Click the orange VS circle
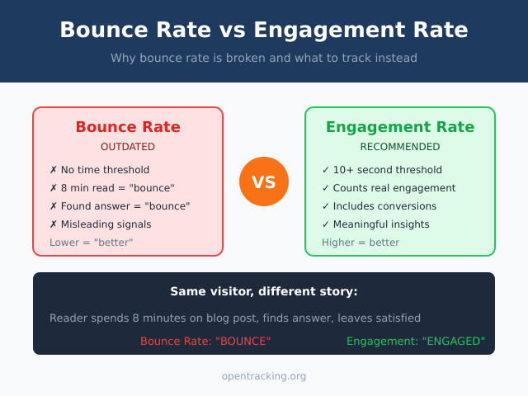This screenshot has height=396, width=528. click(x=264, y=181)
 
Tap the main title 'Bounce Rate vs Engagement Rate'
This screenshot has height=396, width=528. click(x=264, y=31)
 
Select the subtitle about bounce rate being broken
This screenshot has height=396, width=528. click(x=264, y=58)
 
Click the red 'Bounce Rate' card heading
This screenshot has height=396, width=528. click(x=128, y=127)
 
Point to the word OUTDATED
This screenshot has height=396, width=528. click(x=128, y=147)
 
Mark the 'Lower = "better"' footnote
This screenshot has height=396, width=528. click(x=91, y=243)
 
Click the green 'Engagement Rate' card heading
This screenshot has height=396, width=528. click(x=400, y=127)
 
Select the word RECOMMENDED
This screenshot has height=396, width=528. click(x=400, y=147)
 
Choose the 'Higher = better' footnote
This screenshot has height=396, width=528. click(x=361, y=243)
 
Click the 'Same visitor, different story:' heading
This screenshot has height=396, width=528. click(x=264, y=291)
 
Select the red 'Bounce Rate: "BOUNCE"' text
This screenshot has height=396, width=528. click(x=205, y=341)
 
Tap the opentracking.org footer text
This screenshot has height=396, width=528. click(x=264, y=376)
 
